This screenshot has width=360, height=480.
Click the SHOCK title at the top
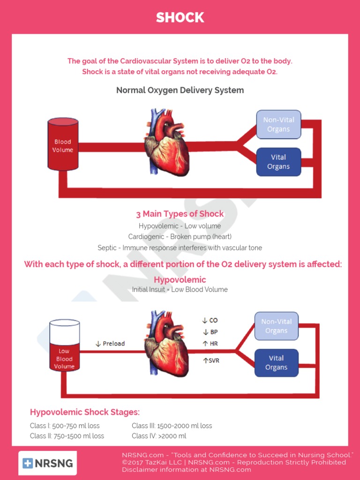(x=180, y=17)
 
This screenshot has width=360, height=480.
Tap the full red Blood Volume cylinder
(x=63, y=144)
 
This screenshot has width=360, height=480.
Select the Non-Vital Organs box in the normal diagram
(x=278, y=125)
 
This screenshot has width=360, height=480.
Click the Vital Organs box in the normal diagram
(x=278, y=162)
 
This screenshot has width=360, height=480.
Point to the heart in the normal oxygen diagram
(x=167, y=143)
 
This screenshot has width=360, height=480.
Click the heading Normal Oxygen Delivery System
(x=180, y=90)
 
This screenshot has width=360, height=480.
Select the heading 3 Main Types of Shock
(x=180, y=214)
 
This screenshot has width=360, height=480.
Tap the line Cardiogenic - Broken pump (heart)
(x=180, y=237)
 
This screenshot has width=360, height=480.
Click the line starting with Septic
(x=180, y=247)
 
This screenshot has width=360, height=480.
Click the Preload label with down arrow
(x=110, y=344)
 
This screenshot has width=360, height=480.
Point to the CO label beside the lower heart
(x=210, y=321)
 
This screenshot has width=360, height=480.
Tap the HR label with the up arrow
(x=210, y=344)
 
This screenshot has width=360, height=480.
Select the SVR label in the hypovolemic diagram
(x=211, y=360)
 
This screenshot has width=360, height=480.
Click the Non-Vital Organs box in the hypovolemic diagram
(x=277, y=326)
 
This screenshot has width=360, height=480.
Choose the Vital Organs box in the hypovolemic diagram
(x=277, y=363)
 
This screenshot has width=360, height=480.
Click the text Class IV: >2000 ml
(x=159, y=436)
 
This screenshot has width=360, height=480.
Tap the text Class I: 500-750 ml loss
(x=65, y=426)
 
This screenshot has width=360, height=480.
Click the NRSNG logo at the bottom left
(x=48, y=463)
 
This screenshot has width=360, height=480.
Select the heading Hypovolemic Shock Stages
(x=85, y=412)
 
